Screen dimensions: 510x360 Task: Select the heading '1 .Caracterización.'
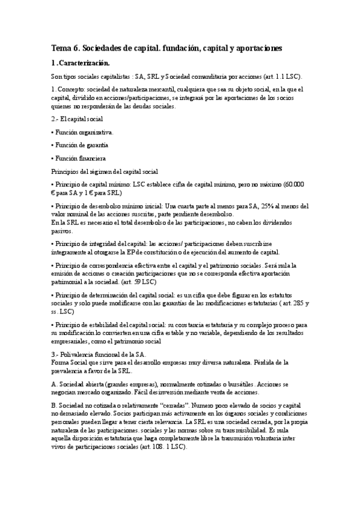tap(81, 63)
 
